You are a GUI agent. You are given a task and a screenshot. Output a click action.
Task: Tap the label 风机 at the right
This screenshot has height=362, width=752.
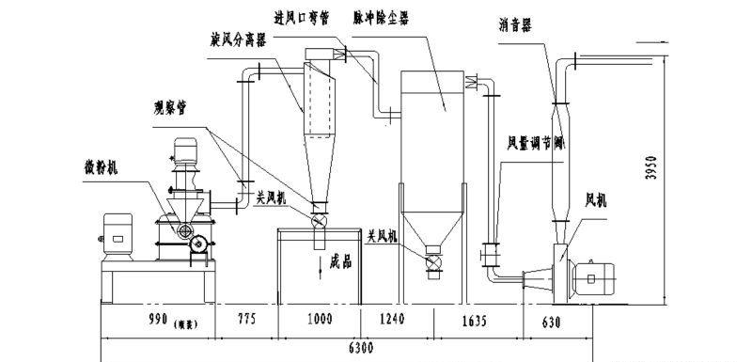pyautogui.click(x=597, y=200)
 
